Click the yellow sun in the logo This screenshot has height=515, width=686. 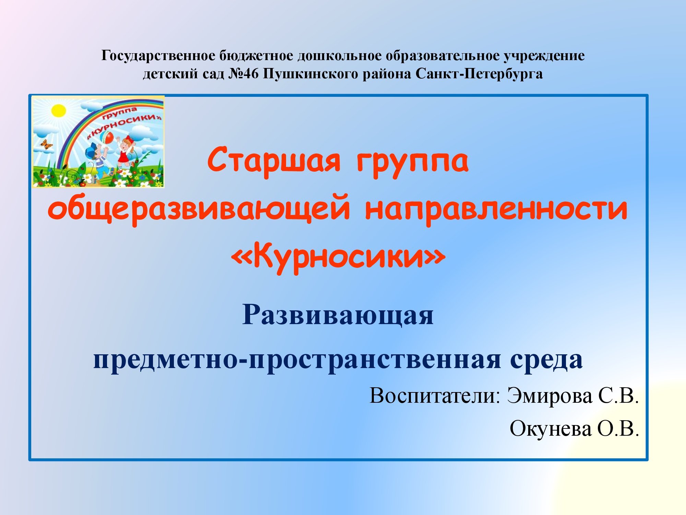coord(58,111)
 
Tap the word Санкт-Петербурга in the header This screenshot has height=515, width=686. coord(479,74)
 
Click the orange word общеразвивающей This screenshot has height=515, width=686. coord(199,208)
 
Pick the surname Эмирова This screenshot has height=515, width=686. coord(550,396)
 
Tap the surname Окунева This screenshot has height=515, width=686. coord(551,428)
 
